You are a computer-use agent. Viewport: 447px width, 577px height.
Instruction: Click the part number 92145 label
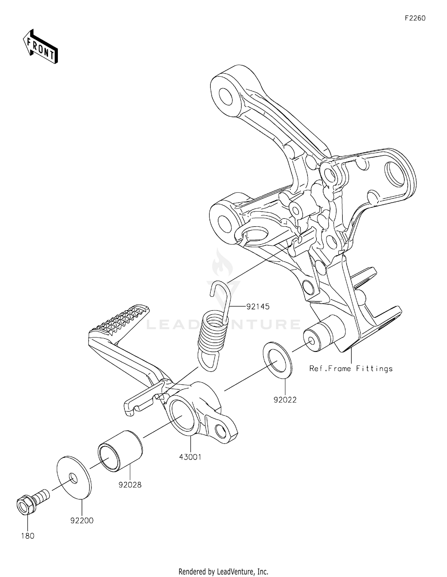click(x=257, y=306)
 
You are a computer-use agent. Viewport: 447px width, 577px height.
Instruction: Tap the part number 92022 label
click(x=285, y=400)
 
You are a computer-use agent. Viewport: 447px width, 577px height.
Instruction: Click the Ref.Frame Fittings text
click(x=351, y=369)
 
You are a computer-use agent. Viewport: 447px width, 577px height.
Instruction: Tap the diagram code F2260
click(x=415, y=18)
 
